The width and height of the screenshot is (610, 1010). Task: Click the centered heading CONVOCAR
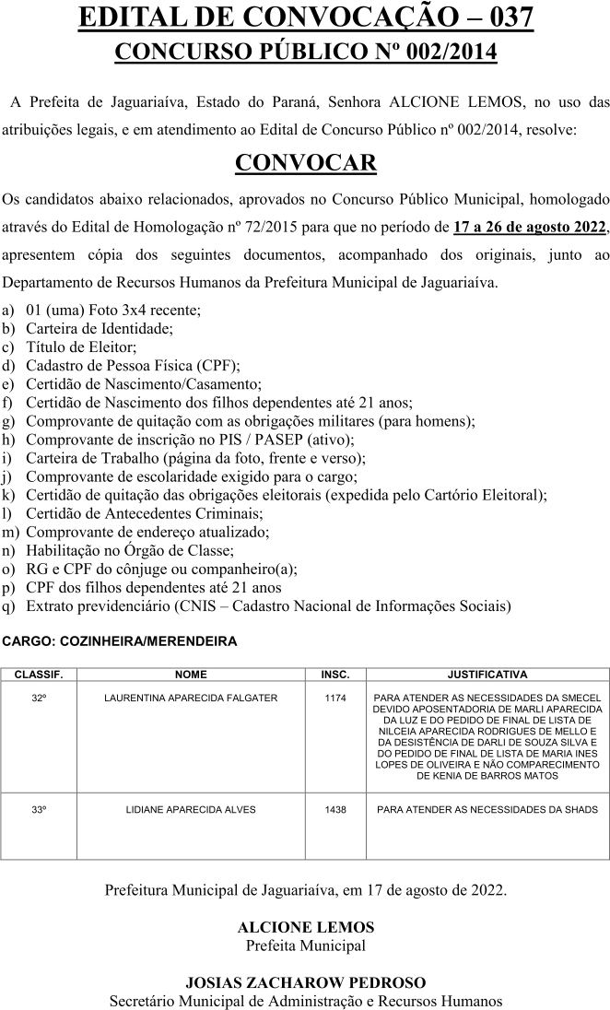[305, 163]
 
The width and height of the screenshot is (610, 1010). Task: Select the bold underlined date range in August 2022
[530, 227]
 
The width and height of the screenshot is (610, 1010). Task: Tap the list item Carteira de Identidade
[100, 327]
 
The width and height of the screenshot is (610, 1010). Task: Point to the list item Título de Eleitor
[81, 346]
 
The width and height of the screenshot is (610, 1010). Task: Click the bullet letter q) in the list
[9, 606]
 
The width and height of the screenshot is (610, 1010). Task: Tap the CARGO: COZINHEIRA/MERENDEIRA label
[120, 640]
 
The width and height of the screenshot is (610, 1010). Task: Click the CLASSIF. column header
[39, 675]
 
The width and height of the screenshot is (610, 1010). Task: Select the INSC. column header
[334, 675]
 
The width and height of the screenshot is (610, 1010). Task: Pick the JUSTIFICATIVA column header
[487, 675]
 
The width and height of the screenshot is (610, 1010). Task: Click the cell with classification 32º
[39, 699]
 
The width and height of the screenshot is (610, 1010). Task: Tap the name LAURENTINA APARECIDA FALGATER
[191, 699]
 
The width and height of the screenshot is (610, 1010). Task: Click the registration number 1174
[334, 699]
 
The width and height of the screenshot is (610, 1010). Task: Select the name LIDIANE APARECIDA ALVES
[191, 810]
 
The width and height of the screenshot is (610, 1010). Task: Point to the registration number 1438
[334, 810]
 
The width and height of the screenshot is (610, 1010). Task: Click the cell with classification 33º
[39, 810]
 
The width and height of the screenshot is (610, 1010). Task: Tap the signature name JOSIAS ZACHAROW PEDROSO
[305, 982]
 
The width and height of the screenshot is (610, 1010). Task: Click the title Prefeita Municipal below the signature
[305, 945]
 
